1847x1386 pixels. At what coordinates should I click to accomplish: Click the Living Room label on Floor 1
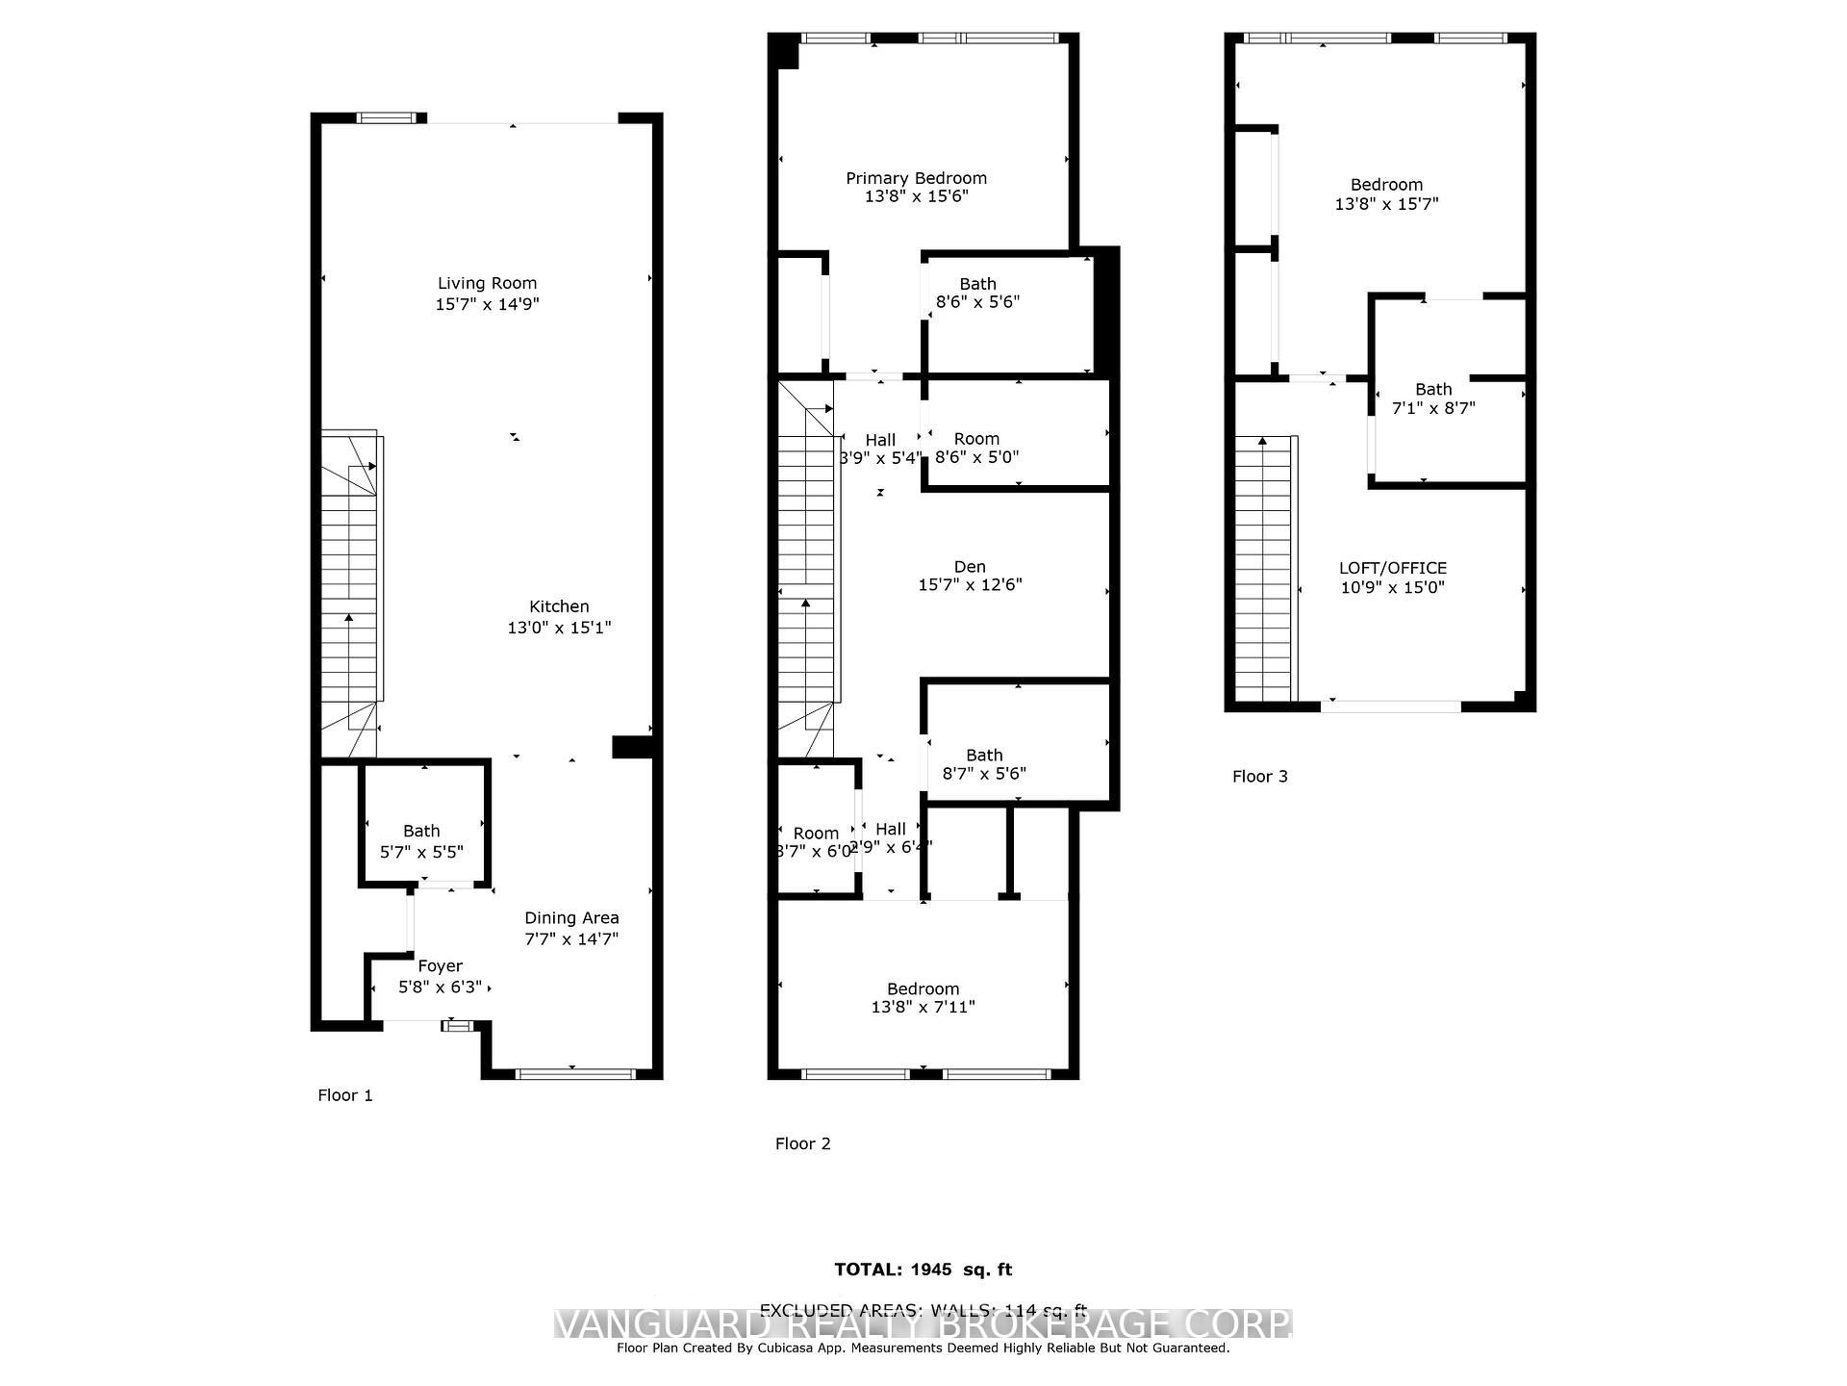[487, 283]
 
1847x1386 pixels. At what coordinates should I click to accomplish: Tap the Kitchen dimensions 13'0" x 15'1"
[559, 628]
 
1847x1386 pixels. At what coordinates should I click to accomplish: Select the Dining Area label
[571, 917]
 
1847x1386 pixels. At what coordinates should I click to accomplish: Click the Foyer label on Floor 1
[440, 965]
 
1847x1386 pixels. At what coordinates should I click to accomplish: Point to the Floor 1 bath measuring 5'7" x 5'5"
[421, 841]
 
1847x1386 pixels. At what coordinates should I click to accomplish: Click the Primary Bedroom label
[916, 178]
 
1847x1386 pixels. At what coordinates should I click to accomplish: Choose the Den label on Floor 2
[970, 567]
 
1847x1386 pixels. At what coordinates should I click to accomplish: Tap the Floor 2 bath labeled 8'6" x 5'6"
[977, 293]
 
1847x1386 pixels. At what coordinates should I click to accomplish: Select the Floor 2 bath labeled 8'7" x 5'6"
[984, 763]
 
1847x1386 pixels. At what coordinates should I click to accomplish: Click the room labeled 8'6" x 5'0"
[976, 448]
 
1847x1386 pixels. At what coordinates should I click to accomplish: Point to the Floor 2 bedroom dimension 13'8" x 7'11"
[923, 1007]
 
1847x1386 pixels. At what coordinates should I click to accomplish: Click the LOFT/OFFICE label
[1392, 568]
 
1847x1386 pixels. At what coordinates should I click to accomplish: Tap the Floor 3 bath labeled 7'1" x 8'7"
[1432, 398]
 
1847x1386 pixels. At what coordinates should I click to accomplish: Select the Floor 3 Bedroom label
[1385, 185]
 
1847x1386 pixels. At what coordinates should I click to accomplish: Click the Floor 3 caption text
[1259, 776]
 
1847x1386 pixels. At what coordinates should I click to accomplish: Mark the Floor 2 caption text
[802, 1143]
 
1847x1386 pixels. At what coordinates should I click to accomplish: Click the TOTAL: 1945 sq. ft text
[923, 1270]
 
